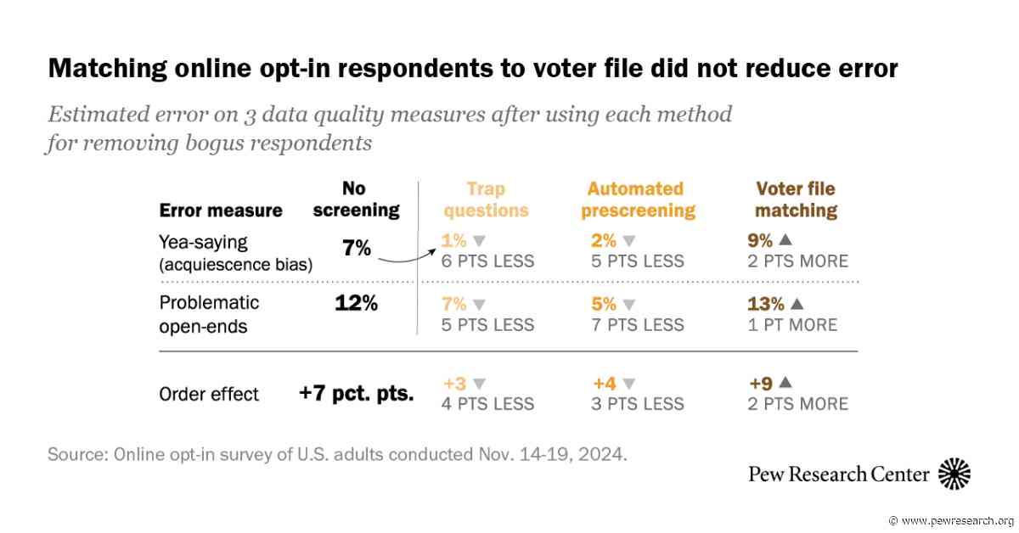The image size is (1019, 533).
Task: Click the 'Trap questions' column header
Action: (486, 199)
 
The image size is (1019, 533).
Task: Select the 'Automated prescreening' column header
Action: (639, 199)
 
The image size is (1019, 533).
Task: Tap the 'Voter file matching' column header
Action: (797, 199)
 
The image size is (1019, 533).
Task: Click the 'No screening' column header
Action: (356, 199)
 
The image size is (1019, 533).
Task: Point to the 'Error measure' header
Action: (221, 210)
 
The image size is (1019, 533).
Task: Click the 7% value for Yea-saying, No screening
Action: (356, 249)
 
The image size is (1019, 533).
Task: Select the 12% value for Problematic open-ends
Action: (356, 303)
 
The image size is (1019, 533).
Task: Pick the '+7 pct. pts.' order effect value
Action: (356, 393)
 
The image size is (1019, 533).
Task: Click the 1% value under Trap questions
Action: (453, 240)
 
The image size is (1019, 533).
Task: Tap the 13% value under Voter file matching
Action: (766, 304)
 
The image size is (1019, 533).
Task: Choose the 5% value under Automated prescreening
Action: (604, 304)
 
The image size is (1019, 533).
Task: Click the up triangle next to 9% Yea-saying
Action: (785, 239)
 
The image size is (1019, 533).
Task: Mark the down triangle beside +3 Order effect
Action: (479, 384)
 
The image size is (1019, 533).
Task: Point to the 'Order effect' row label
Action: (209, 395)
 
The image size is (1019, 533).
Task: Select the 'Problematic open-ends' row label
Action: (209, 315)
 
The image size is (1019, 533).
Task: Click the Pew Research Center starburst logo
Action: (954, 474)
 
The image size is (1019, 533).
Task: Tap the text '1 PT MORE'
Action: (792, 325)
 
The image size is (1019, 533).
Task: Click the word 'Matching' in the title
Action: (108, 69)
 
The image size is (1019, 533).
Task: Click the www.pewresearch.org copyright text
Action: (951, 521)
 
